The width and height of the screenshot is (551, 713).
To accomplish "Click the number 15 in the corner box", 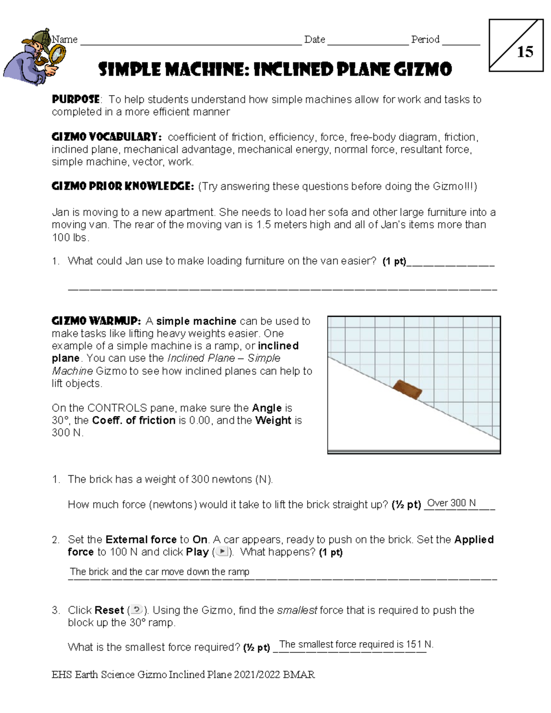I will (525, 52).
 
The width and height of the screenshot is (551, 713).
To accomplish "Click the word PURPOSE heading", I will (76, 99).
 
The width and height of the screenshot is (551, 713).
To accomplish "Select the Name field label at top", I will (65, 39).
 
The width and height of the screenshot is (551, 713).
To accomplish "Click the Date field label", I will (315, 39).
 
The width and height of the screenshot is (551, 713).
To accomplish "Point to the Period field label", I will (425, 39).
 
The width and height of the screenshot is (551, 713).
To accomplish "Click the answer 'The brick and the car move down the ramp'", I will (159, 572).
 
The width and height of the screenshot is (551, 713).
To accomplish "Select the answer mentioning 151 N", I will (356, 644).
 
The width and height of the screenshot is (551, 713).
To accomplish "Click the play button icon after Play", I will (222, 551).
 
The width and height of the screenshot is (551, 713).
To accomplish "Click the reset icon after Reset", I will (137, 610).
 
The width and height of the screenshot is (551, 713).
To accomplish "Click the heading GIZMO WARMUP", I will (96, 321).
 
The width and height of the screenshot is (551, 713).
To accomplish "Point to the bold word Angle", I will (267, 408).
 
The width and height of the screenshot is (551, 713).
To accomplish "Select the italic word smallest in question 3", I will (297, 610).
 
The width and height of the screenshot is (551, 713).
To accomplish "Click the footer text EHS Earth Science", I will (93, 674).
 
